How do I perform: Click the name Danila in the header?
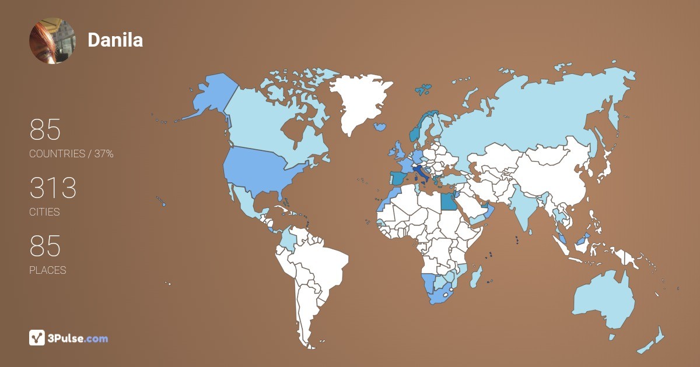[115, 40]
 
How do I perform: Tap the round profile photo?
[52, 41]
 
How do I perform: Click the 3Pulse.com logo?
[69, 338]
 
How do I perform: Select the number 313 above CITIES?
[53, 188]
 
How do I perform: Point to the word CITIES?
[44, 212]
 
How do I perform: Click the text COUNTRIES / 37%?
[71, 154]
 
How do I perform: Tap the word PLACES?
[47, 270]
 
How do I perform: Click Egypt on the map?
[448, 202]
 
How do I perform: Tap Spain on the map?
[398, 178]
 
